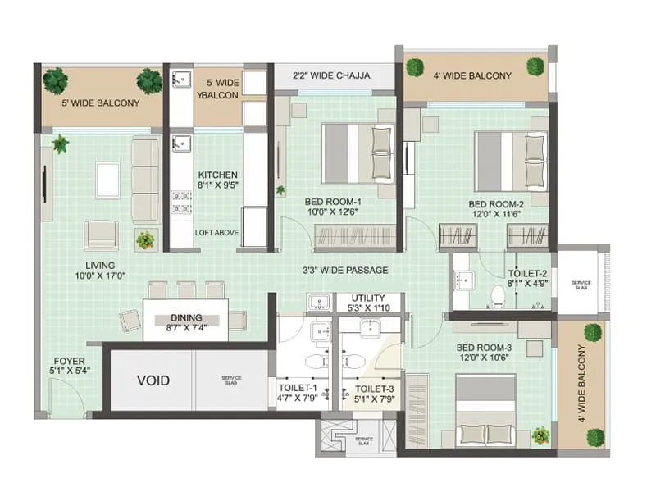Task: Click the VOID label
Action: pos(153,380)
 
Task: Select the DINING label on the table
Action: pos(186,318)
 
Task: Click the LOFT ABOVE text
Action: pos(217,233)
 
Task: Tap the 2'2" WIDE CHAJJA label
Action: pos(332,75)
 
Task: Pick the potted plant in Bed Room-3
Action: pos(540,435)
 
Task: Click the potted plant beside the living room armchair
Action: pos(145,239)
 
